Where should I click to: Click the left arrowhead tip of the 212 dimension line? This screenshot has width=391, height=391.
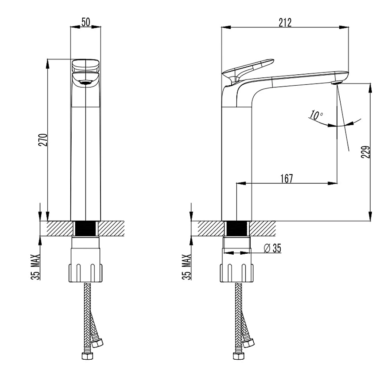[222, 27]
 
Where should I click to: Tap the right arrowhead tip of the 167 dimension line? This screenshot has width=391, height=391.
[337, 183]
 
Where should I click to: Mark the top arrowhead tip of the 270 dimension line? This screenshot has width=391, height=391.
[48, 59]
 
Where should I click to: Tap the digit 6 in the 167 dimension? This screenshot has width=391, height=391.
[286, 179]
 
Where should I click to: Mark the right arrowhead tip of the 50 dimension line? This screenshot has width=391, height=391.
[101, 27]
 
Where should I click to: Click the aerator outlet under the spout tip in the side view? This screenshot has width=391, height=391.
[336, 83]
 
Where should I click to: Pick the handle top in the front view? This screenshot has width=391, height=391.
[86, 65]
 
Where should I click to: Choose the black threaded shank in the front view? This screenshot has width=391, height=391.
[86, 229]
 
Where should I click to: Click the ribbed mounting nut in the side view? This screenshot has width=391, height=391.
[237, 273]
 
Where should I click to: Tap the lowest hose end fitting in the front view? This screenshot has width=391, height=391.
[87, 355]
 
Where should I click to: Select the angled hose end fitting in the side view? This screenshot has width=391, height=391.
[249, 343]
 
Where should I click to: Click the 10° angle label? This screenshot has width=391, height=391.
[316, 115]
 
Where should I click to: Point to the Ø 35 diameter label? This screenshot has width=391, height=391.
[272, 248]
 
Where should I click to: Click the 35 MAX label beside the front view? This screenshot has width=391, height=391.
[36, 267]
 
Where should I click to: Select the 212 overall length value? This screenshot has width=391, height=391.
[285, 23]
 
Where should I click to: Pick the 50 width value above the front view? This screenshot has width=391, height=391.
[86, 22]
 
